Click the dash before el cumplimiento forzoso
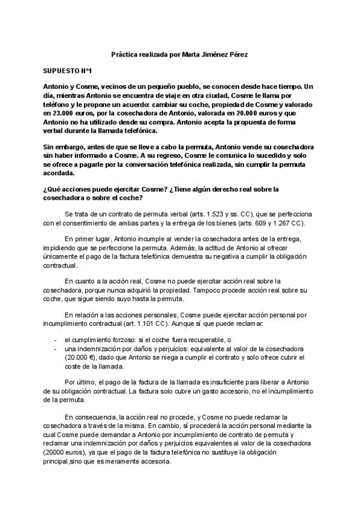(55, 340)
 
